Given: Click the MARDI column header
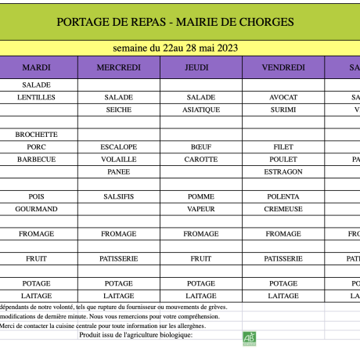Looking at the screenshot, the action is (x=37, y=67).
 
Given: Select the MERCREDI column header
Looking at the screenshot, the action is (x=119, y=67).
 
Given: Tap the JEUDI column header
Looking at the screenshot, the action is (x=201, y=67).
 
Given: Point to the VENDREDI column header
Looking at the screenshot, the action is (x=283, y=67).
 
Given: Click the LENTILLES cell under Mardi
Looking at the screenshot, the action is (x=37, y=97).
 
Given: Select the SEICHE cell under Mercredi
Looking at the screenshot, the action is (x=119, y=110).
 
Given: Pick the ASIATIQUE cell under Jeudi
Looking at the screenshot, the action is (x=201, y=110).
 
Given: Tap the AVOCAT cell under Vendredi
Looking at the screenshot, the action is (x=283, y=97).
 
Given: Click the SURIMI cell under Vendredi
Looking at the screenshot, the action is (x=283, y=110).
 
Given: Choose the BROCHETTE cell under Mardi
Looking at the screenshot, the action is (x=37, y=135).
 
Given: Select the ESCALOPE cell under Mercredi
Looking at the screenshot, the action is (x=119, y=147).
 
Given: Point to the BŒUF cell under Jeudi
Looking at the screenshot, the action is (x=201, y=147).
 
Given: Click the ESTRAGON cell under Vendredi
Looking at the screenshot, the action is (x=283, y=171).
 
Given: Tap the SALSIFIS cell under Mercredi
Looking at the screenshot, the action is (x=119, y=196).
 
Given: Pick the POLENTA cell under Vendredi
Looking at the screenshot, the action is (x=283, y=196).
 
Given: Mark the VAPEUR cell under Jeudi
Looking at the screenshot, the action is (x=201, y=209).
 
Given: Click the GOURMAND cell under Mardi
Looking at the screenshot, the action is (x=37, y=209).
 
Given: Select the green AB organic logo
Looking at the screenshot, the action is (x=249, y=337).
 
